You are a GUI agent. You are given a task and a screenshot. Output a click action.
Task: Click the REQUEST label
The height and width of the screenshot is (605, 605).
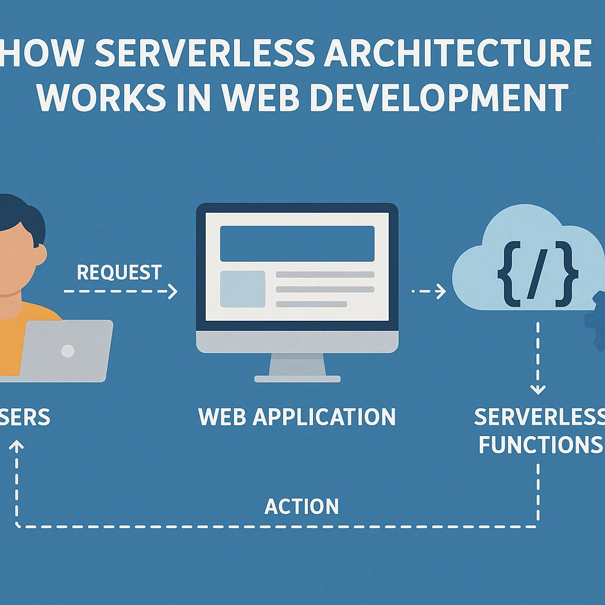point(119,272)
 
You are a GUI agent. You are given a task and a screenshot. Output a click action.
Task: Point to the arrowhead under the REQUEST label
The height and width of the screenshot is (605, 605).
point(173,291)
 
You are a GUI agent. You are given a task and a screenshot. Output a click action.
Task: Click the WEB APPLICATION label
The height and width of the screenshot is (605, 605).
point(297,417)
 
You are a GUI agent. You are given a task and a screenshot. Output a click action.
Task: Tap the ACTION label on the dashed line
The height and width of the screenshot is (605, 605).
point(302,506)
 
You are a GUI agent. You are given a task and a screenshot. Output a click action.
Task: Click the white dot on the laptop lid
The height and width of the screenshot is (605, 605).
point(68,351)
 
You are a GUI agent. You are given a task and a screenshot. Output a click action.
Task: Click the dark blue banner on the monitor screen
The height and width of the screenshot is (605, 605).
point(297,243)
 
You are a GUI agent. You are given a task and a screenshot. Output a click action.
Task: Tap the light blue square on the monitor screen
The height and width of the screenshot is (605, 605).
point(242,289)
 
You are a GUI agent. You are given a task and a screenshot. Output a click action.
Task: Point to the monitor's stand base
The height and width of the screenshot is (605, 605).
point(297,378)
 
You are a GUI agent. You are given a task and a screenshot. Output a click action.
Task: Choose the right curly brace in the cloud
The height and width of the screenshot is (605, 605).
point(565,275)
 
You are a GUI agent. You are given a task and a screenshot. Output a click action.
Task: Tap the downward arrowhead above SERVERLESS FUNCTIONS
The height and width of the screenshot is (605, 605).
point(537,389)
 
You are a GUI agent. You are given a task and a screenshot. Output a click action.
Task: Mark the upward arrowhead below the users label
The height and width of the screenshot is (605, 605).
point(17,445)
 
